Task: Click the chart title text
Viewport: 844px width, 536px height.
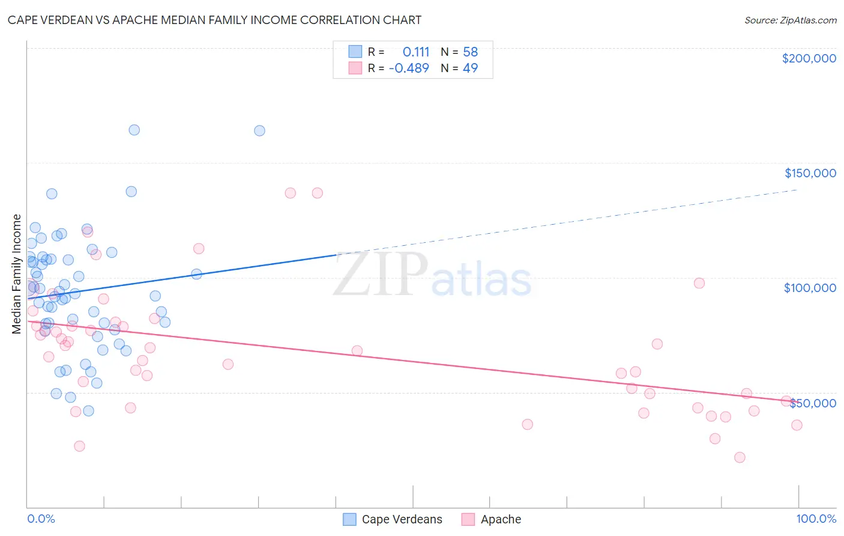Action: pyautogui.click(x=214, y=20)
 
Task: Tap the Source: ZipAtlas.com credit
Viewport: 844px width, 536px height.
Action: pyautogui.click(x=790, y=20)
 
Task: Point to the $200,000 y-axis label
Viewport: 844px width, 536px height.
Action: pyautogui.click(x=809, y=58)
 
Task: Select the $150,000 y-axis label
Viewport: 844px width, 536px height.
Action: pyautogui.click(x=810, y=173)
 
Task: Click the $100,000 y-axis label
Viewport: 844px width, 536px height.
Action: pyautogui.click(x=810, y=288)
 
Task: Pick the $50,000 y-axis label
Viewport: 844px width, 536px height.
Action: pyautogui.click(x=813, y=403)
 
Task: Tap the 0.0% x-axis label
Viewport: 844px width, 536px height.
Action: pyautogui.click(x=41, y=519)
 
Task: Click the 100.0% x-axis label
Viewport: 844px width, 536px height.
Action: pyautogui.click(x=816, y=519)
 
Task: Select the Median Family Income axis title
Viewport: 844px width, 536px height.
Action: pyautogui.click(x=17, y=273)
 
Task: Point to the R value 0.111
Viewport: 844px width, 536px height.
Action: pyautogui.click(x=415, y=52)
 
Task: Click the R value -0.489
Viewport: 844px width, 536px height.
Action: pyautogui.click(x=409, y=68)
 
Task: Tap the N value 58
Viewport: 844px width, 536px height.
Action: pyautogui.click(x=470, y=52)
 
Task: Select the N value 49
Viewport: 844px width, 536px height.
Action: pyautogui.click(x=470, y=68)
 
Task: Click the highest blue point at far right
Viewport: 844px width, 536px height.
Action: pyautogui.click(x=259, y=130)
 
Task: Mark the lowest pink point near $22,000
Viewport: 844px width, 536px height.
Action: pyautogui.click(x=740, y=457)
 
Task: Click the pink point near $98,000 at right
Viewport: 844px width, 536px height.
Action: pyautogui.click(x=699, y=283)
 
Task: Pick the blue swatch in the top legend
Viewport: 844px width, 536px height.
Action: pyautogui.click(x=355, y=52)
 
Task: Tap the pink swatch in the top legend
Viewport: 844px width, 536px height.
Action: pyautogui.click(x=355, y=68)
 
